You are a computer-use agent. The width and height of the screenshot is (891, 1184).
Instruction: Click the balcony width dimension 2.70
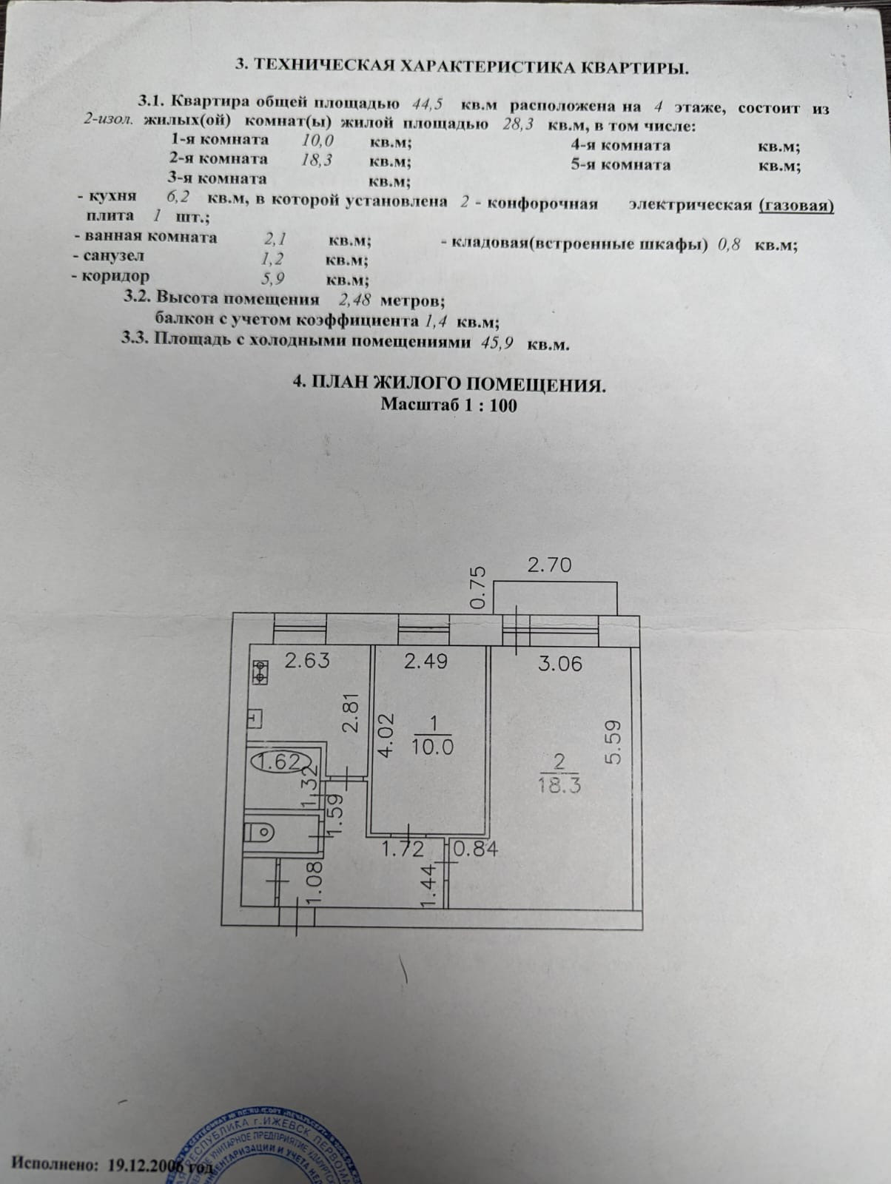549,565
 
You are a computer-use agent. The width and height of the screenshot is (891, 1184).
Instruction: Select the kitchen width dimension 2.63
306,660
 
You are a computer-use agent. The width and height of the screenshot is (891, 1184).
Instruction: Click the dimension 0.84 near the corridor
475,849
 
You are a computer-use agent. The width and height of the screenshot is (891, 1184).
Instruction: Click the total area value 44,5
426,104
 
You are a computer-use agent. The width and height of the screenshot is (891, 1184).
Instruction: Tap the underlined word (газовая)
796,205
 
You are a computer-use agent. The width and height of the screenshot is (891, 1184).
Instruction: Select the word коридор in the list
116,276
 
